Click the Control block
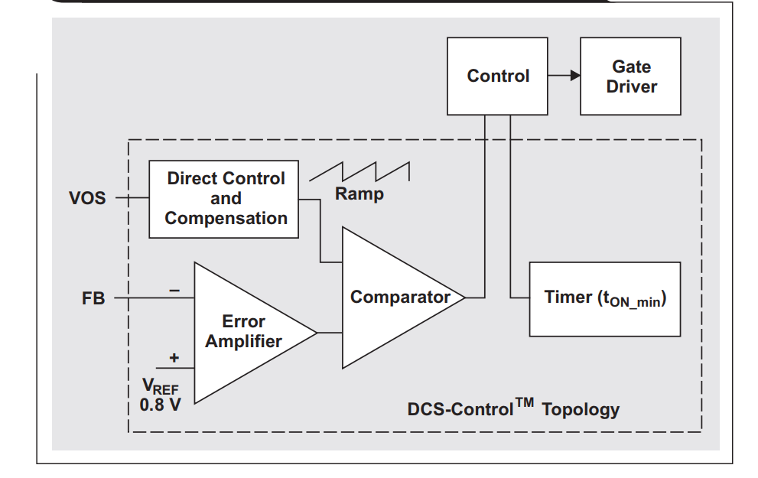[x=498, y=76]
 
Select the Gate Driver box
[x=631, y=76]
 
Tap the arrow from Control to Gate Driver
[x=564, y=76]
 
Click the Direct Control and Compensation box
[x=225, y=199]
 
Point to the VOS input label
[x=87, y=199]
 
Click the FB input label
[x=93, y=298]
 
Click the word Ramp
[x=359, y=194]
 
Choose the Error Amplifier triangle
[x=245, y=332]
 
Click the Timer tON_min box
[x=604, y=298]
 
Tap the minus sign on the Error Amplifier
[x=174, y=291]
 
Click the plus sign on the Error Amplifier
[x=174, y=357]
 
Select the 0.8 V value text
[x=160, y=405]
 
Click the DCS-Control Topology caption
[x=512, y=408]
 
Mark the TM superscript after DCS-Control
[x=524, y=402]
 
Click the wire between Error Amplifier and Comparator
[x=330, y=333]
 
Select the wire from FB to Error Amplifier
[x=153, y=298]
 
